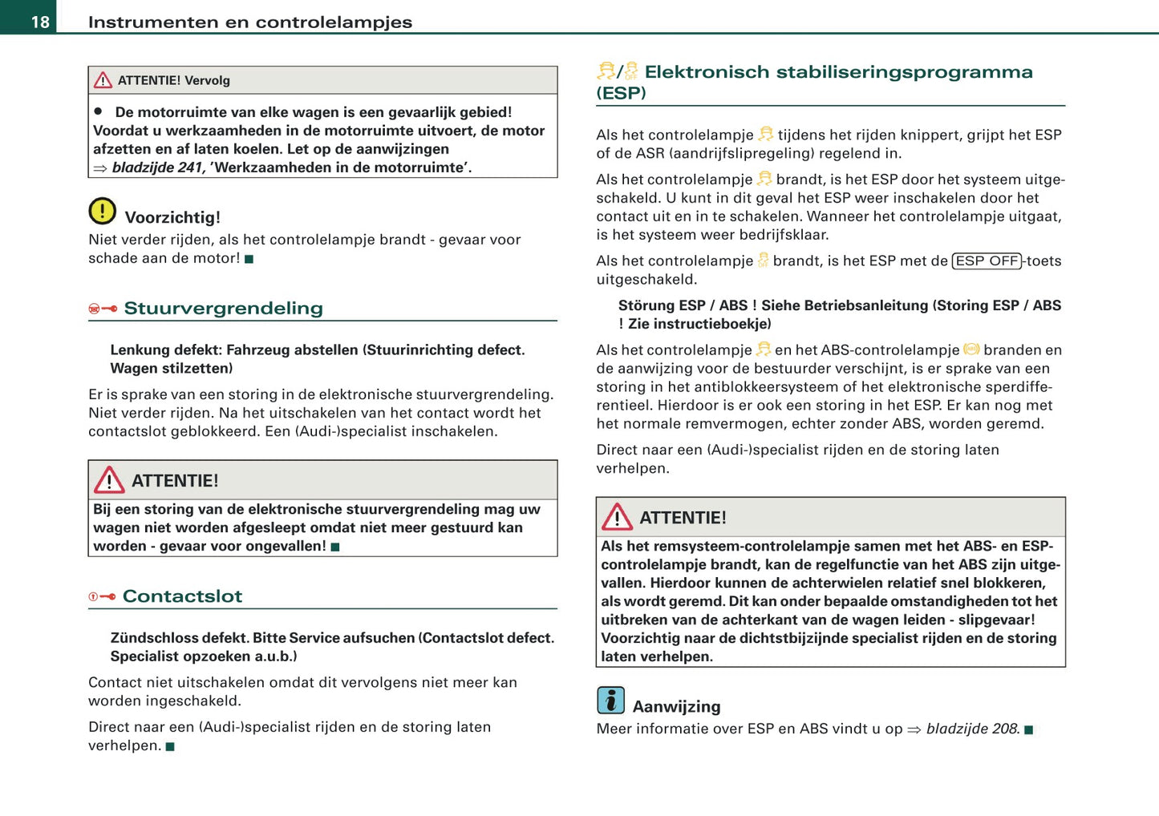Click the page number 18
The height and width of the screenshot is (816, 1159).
(40, 22)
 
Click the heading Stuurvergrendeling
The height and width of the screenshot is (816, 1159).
(223, 309)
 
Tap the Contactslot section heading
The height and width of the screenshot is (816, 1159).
(182, 596)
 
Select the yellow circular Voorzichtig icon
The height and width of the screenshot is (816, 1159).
(102, 212)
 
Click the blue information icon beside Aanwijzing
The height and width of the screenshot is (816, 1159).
(610, 701)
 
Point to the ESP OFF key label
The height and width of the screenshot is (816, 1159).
(987, 261)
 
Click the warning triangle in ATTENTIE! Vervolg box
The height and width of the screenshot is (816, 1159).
(103, 80)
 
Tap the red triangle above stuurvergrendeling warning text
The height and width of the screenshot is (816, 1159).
(109, 480)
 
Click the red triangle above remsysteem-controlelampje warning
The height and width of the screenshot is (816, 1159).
(617, 517)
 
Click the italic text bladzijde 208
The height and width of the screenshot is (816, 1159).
(972, 729)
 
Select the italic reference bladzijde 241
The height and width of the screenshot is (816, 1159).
(158, 168)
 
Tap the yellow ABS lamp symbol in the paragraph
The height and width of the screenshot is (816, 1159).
(971, 349)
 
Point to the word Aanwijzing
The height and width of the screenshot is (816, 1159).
(676, 706)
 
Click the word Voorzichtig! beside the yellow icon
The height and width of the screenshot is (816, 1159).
(172, 217)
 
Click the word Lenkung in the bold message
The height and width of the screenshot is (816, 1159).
(139, 350)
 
